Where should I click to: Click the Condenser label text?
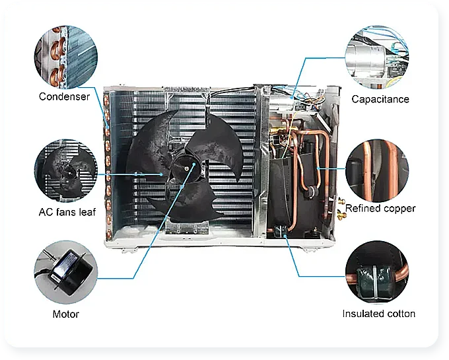pyautogui.click(x=64, y=96)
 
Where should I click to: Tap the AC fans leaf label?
pyautogui.click(x=67, y=212)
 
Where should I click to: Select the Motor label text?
pyautogui.click(x=66, y=314)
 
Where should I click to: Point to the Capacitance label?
pyautogui.click(x=380, y=99)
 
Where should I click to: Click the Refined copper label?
pyautogui.click(x=381, y=208)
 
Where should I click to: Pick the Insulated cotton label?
pyautogui.click(x=379, y=314)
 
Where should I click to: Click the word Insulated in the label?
pyautogui.click(x=363, y=314)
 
